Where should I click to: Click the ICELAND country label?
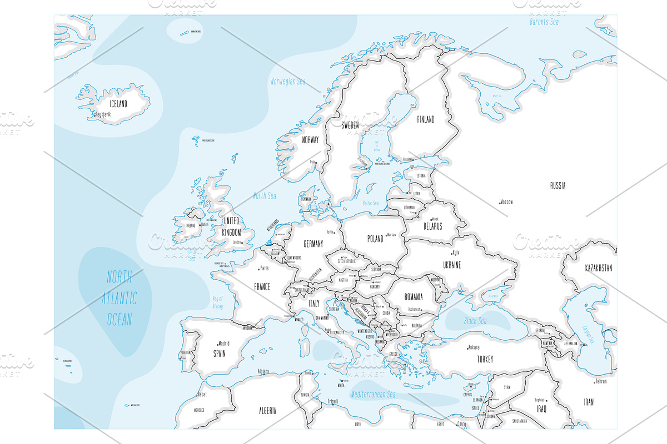click(117, 104)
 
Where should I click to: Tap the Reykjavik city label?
click(103, 114)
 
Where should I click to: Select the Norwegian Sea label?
click(288, 82)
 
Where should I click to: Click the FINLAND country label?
click(426, 119)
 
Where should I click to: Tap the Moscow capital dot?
click(500, 202)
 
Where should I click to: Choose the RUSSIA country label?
click(558, 185)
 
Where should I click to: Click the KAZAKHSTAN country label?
click(598, 268)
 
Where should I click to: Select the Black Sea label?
click(475, 321)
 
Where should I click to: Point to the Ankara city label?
click(474, 347)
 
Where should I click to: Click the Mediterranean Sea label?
click(373, 395)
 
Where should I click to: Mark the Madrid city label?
click(223, 343)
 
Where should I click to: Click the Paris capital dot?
click(257, 269)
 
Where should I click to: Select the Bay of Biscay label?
click(217, 302)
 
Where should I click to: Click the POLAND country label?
click(375, 239)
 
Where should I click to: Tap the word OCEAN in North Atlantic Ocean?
click(119, 319)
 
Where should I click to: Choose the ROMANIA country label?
click(414, 297)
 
